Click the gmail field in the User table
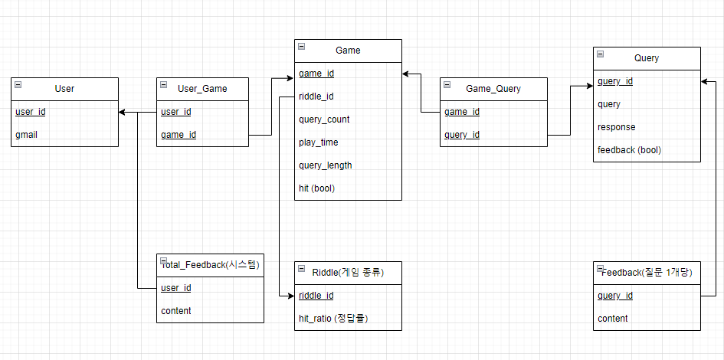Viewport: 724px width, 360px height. [26, 135]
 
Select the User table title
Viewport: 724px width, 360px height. [64, 89]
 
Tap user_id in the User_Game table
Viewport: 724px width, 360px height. [176, 112]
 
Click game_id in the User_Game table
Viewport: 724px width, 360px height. [179, 135]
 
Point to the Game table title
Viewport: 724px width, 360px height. [348, 51]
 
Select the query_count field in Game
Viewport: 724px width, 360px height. [324, 119]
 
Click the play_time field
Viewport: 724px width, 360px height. [318, 142]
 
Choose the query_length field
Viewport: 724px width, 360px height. [325, 165]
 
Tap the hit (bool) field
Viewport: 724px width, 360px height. [316, 188]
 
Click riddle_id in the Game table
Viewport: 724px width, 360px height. [316, 97]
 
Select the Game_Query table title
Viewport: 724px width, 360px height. [493, 89]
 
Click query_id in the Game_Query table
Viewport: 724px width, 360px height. [462, 135]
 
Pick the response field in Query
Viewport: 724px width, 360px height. [616, 127]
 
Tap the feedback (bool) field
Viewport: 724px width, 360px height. [629, 150]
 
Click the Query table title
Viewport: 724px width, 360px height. [647, 58]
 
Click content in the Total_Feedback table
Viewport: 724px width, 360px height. [176, 311]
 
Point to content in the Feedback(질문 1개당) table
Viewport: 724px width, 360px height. [613, 319]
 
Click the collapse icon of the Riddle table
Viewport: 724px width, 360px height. [301, 269]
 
